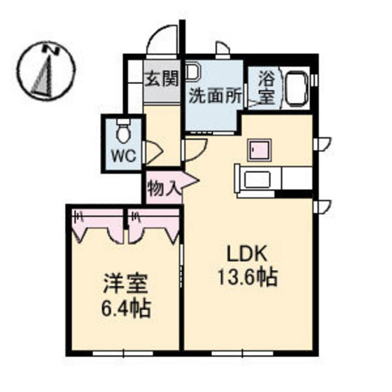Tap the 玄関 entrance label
coord(162,78)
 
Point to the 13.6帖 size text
coord(247,278)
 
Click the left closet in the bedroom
coord(97,225)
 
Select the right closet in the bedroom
coord(153,225)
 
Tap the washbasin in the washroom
coord(195,71)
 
